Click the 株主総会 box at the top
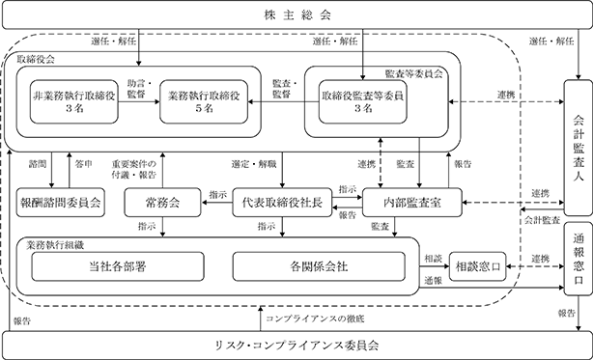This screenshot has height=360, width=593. pos(296,14)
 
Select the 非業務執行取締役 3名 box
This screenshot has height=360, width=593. pos(74,101)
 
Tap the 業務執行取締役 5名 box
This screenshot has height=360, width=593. pos(204,101)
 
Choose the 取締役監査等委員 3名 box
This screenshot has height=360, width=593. pos(363,101)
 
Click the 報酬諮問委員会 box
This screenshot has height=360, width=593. pos(61,203)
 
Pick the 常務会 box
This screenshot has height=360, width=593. pos(162,203)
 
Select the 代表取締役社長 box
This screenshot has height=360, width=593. pos(282,203)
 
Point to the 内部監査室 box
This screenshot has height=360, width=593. pos(412,203)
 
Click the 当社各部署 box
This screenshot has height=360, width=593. pos(118,266)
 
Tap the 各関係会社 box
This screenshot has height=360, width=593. pos(319,266)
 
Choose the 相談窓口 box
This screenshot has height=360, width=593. pos(478,266)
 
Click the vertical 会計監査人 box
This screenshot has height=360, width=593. pos(579,148)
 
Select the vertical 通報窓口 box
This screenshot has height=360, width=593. pos(579,259)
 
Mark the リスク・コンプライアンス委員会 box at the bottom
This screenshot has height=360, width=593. pos(296,346)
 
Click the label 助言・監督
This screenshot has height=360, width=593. pos(139,89)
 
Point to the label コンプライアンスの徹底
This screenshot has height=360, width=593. pos(315,318)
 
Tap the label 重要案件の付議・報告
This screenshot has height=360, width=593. pos(134,169)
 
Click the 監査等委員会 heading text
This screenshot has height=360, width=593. pos(413,73)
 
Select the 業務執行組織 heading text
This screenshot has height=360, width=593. pos(55,245)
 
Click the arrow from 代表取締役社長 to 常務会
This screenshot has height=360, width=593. pos(216,203)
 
